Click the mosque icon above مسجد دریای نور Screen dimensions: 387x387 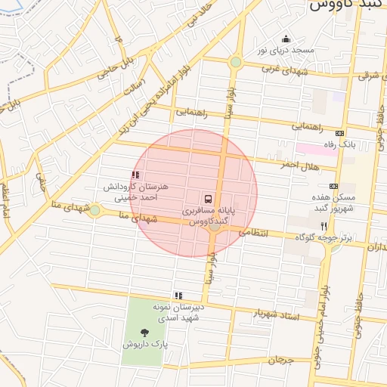[285, 39]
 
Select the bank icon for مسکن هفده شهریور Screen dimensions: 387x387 [333, 186]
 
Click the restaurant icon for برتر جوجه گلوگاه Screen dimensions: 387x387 [324, 225]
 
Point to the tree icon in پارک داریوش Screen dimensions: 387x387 [144, 331]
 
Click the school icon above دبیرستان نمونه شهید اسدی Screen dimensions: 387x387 [178, 296]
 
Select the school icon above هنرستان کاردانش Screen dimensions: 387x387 [135, 175]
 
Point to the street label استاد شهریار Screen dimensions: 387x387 [274, 314]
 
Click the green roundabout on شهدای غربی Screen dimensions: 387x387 [236, 62]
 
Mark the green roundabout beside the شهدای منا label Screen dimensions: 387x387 [94, 210]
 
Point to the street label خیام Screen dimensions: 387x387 [41, 180]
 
